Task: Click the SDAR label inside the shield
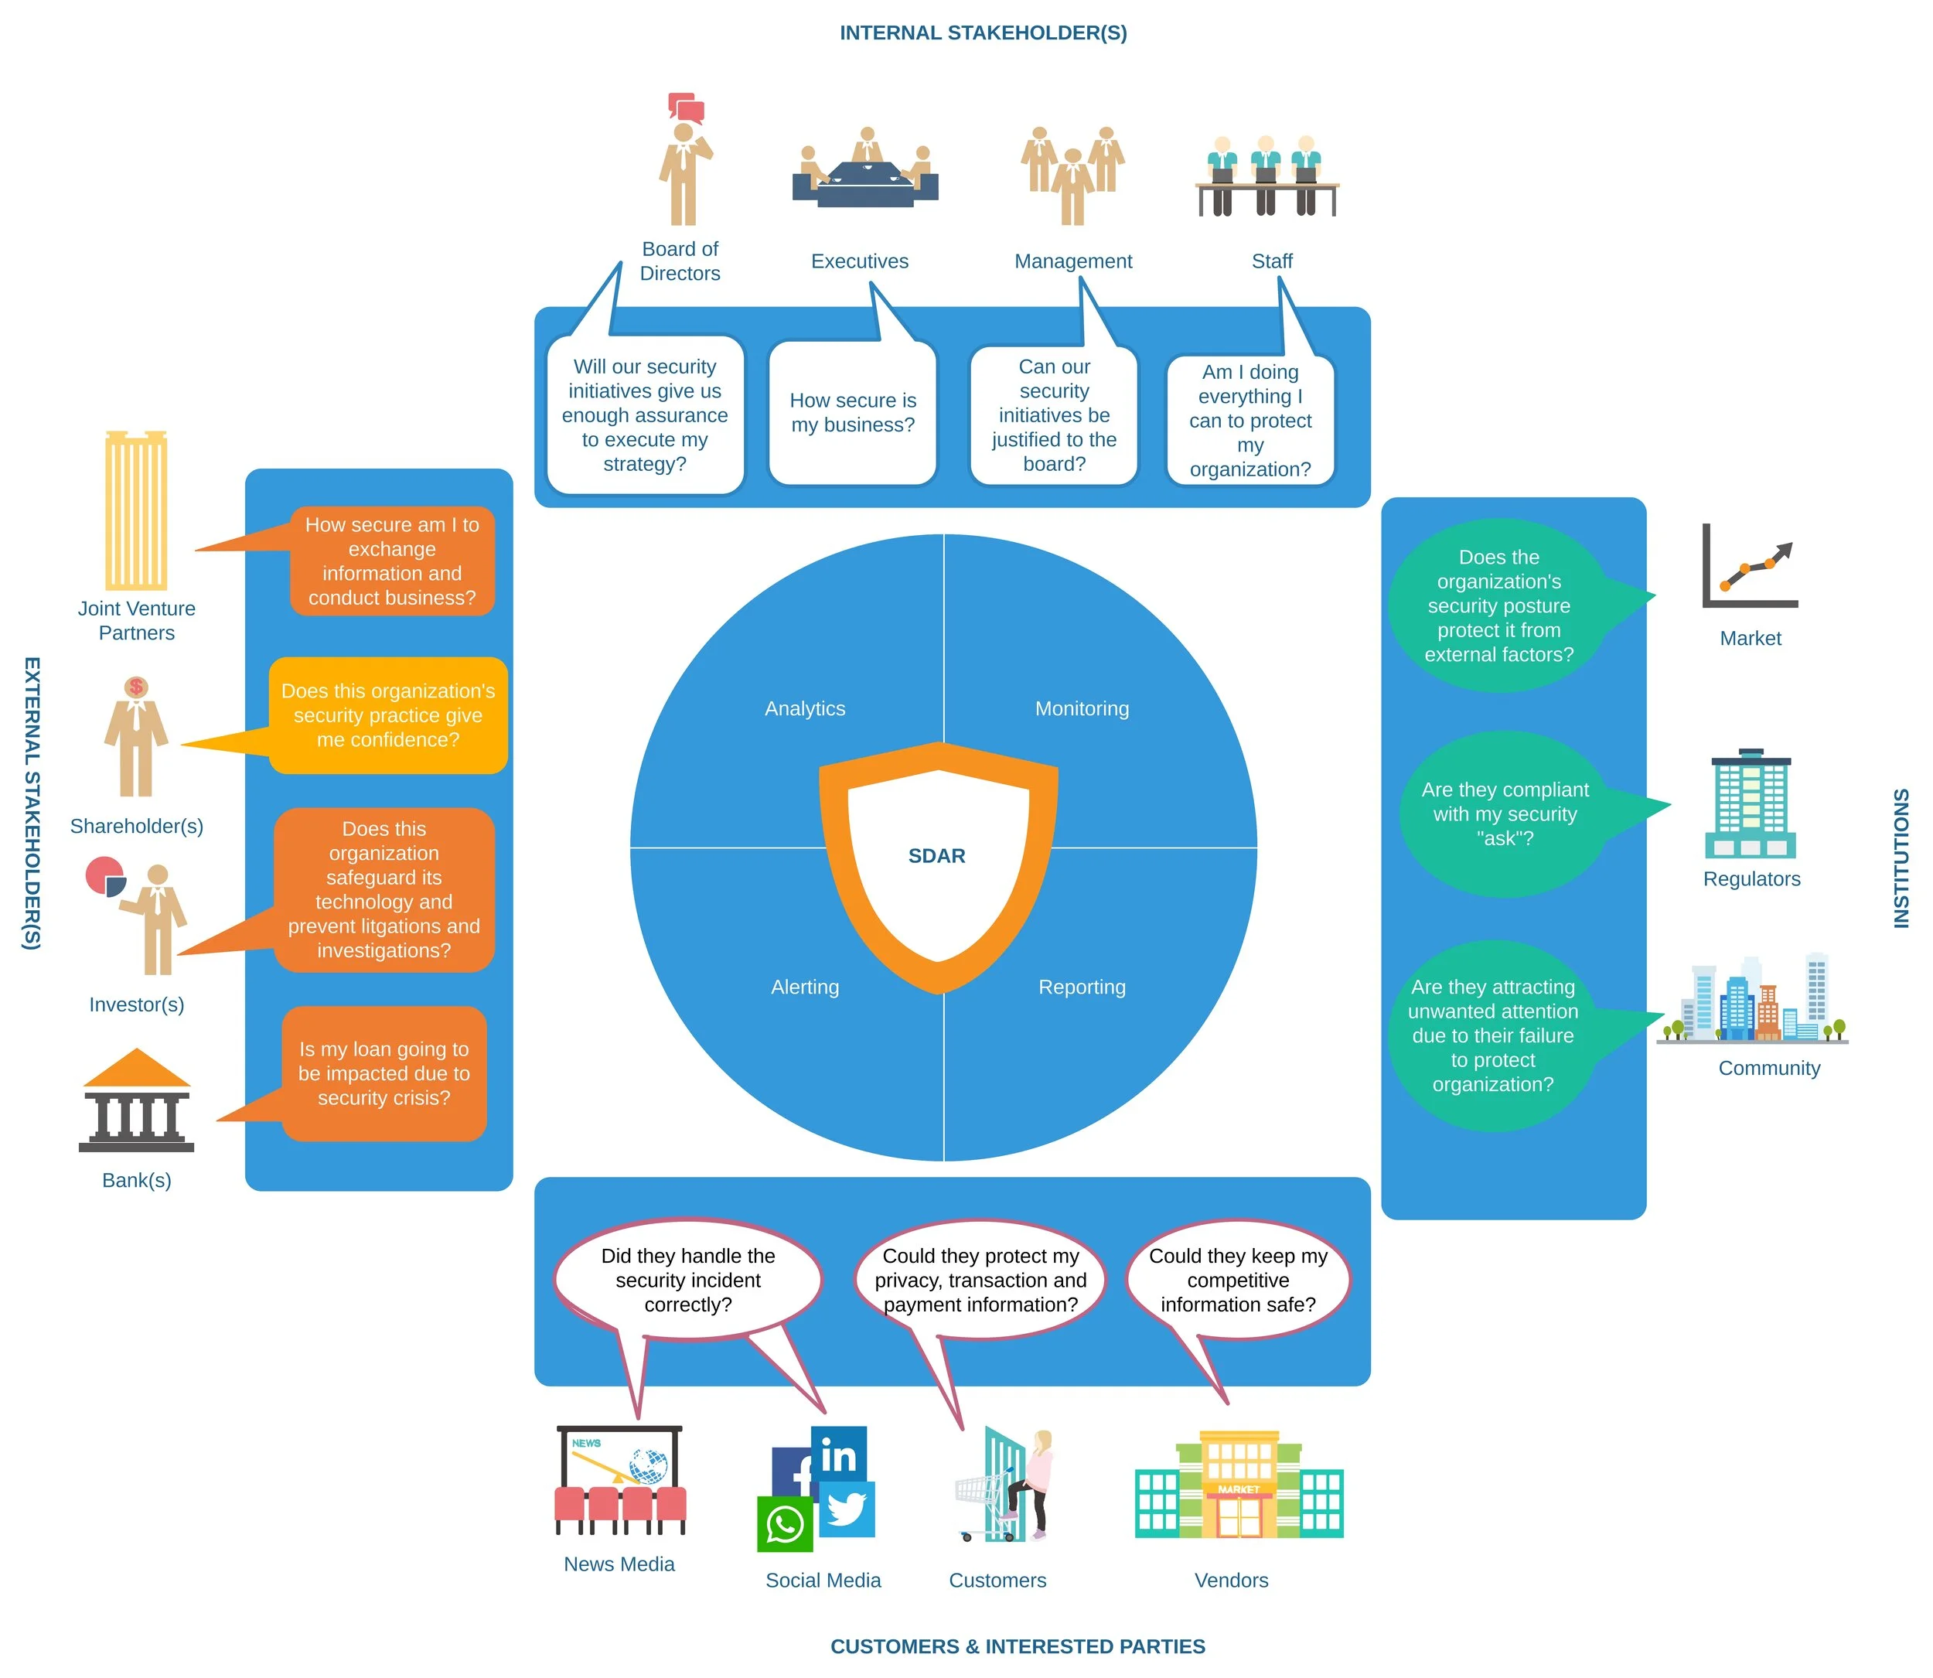[x=936, y=856]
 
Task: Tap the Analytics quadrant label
[x=804, y=709]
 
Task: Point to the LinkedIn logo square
[x=839, y=1455]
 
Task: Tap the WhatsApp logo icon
[x=785, y=1524]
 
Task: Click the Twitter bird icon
[x=847, y=1509]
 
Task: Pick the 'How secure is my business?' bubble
[x=853, y=413]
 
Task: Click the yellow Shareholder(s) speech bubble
[x=387, y=715]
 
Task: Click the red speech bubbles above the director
[x=686, y=108]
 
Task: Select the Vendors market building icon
[x=1239, y=1486]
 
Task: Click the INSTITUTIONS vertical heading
[x=1901, y=858]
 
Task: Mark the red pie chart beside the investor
[x=105, y=876]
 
